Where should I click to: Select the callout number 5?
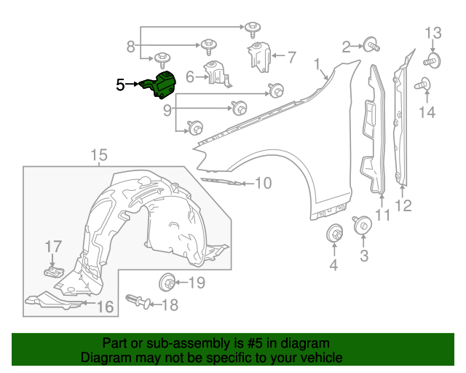pos(120,85)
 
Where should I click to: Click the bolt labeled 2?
pos(371,46)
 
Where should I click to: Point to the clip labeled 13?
pos(433,60)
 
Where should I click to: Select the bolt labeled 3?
pos(362,226)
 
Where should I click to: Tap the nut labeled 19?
pos(167,281)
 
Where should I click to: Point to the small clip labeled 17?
pos(52,272)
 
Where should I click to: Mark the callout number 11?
pos(383,216)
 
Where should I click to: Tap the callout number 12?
pos(403,206)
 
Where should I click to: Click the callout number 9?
pos(167,110)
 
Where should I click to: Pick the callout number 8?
pos(130,47)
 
